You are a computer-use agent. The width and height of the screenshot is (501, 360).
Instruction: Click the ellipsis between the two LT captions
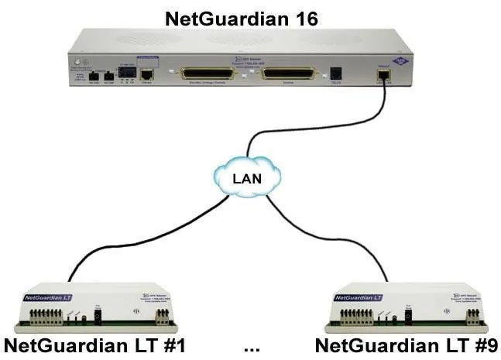pos(251,348)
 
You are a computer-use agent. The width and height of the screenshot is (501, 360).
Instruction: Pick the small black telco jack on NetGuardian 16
pos(336,74)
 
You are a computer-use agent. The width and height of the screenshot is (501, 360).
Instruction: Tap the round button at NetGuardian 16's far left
pos(75,61)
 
